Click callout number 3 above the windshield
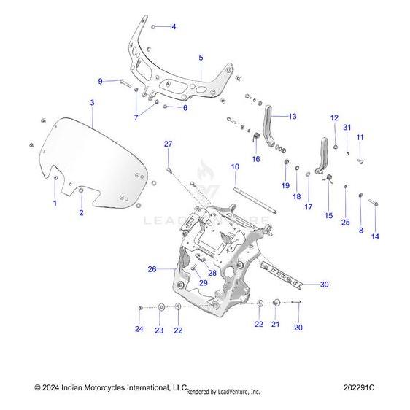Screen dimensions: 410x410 click(92, 103)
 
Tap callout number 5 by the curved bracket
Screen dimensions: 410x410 click(201, 58)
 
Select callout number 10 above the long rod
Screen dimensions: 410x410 click(235, 166)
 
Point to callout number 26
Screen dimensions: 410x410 click(152, 269)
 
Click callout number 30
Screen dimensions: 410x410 click(324, 285)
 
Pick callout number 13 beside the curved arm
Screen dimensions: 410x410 click(293, 116)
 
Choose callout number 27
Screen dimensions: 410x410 click(168, 144)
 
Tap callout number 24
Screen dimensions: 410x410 click(139, 329)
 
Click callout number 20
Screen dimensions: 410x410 click(298, 328)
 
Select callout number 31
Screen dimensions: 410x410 click(347, 128)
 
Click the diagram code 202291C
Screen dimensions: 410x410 click(359, 387)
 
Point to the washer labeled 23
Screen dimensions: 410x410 click(161, 306)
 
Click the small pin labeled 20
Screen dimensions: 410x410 click(296, 302)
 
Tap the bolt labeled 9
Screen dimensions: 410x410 click(125, 83)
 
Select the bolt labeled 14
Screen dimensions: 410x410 click(374, 202)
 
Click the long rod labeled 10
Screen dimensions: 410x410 click(255, 200)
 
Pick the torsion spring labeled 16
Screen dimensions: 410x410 click(256, 136)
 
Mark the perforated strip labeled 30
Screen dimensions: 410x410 click(282, 276)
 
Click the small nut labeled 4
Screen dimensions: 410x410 click(153, 27)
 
